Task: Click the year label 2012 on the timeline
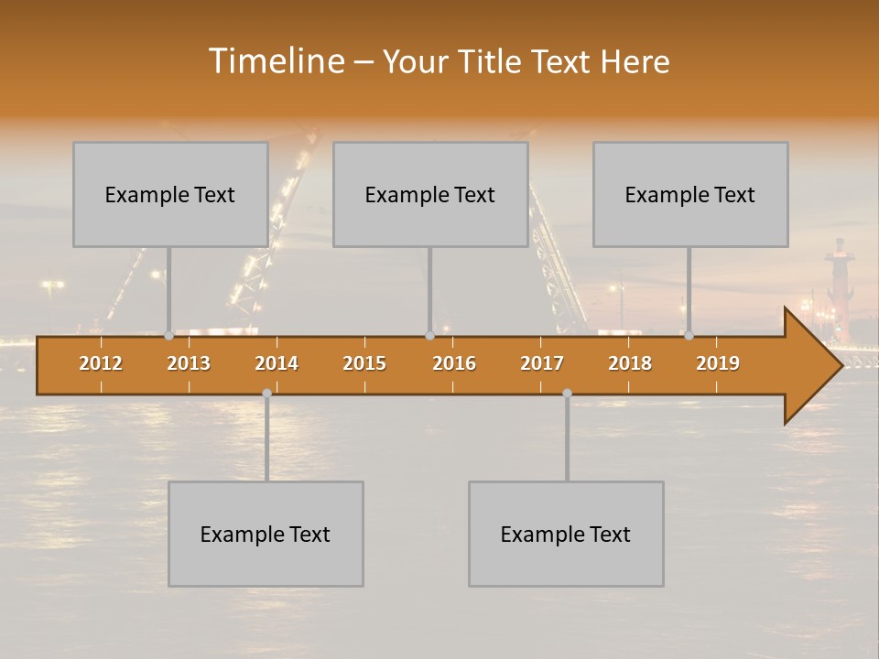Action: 101,363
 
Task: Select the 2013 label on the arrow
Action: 189,363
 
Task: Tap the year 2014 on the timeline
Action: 277,363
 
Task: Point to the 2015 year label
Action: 364,363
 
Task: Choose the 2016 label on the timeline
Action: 454,363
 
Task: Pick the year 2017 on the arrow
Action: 542,363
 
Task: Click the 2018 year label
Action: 630,363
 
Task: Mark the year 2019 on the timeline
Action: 718,363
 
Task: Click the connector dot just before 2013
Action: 168,336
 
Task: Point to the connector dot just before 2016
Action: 429,336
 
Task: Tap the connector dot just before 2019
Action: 689,336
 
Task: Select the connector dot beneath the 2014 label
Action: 266,394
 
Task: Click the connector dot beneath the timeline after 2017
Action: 567,394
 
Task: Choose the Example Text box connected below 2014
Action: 266,534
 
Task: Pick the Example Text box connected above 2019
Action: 690,194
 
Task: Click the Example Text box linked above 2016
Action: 430,194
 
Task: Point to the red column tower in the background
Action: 837,284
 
